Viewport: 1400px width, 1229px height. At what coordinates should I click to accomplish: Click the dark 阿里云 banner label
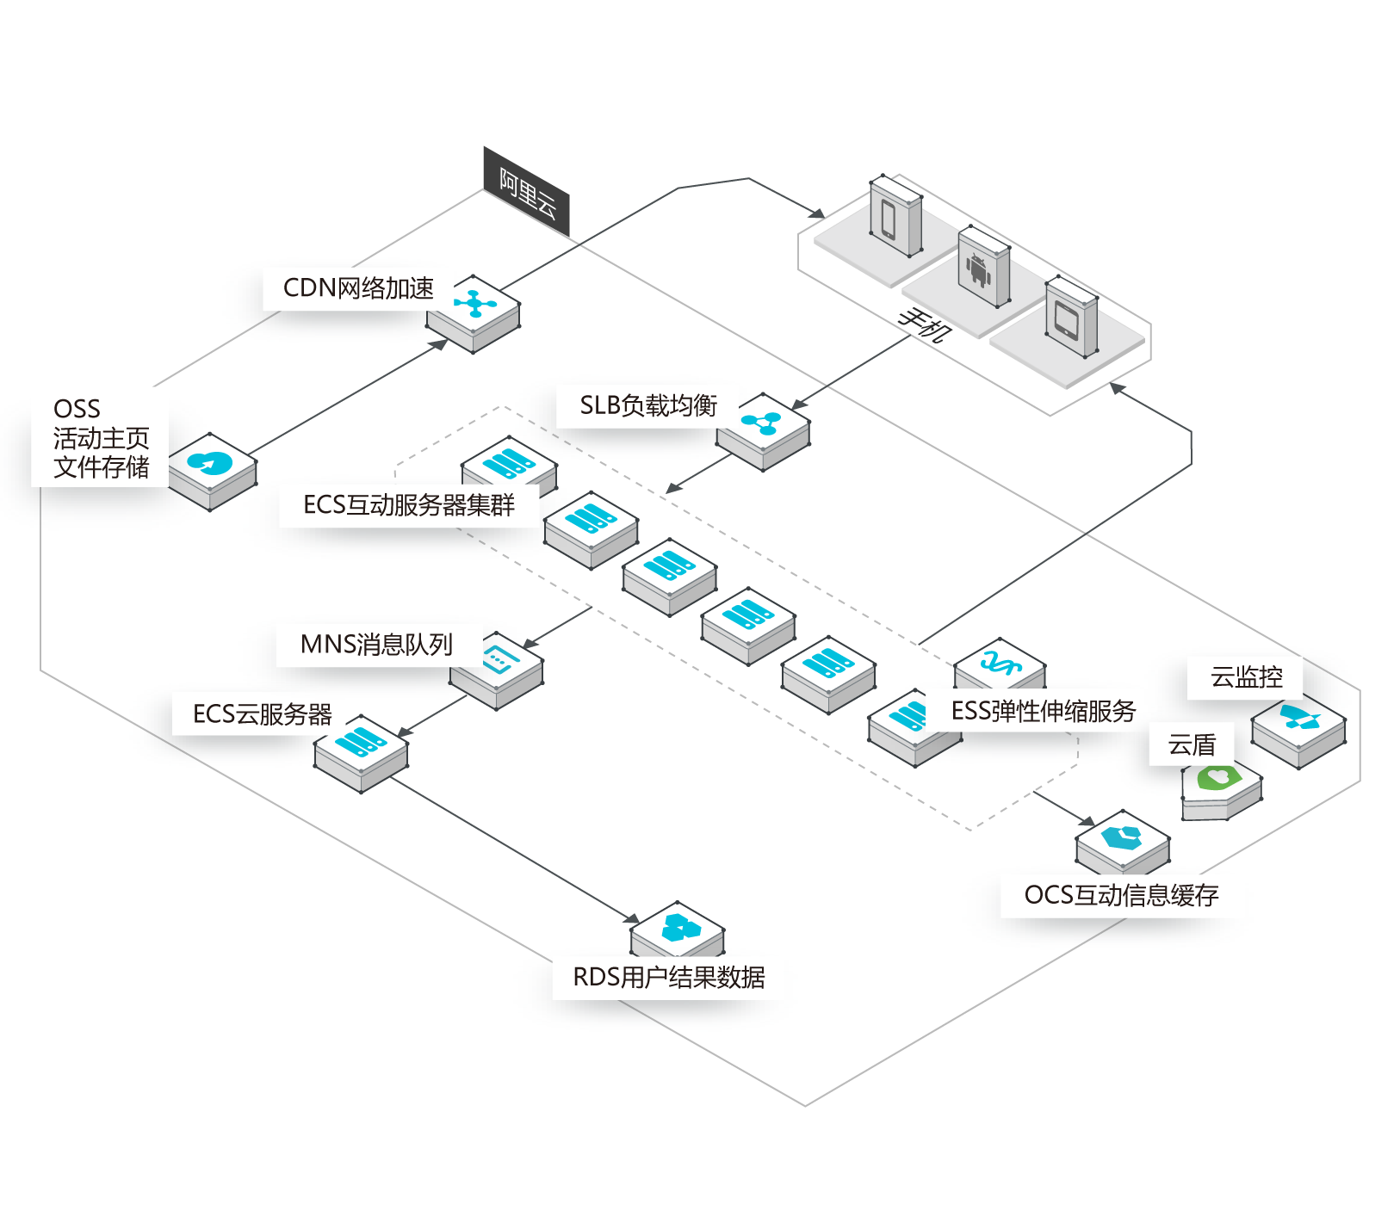point(526,191)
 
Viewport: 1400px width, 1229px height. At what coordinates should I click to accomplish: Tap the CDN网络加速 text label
point(358,288)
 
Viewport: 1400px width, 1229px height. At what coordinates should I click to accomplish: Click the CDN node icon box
point(474,314)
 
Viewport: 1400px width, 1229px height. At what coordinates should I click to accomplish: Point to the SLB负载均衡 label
point(648,405)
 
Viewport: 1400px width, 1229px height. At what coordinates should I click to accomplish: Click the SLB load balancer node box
point(763,432)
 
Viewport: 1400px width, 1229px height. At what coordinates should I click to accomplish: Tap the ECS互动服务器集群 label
point(409,504)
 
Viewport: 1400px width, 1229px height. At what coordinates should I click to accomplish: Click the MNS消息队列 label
point(376,644)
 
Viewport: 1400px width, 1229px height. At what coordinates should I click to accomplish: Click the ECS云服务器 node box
point(361,754)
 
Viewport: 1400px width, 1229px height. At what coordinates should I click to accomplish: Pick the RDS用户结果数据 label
point(669,977)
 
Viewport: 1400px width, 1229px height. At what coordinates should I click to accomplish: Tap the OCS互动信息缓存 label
point(1121,895)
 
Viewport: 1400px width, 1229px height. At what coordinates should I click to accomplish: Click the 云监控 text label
point(1246,677)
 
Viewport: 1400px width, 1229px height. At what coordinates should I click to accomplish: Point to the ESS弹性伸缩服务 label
point(1044,711)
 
